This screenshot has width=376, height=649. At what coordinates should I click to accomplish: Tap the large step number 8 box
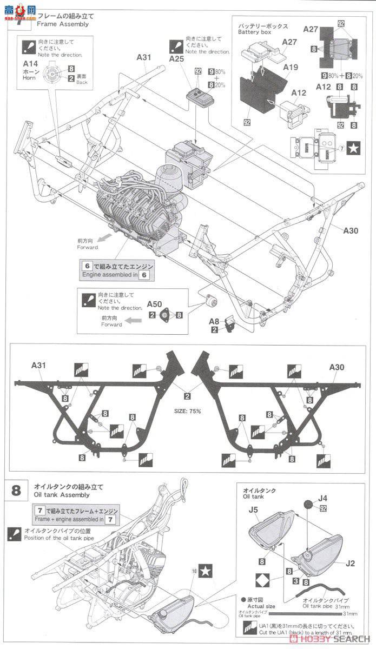coord(16,491)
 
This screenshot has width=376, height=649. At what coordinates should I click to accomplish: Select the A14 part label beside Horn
coord(30,64)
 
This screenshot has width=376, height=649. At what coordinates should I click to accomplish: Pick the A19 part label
coord(290,67)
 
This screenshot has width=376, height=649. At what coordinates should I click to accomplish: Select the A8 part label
coord(215,321)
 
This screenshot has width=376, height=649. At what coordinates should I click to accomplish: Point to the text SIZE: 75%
coord(187,411)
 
